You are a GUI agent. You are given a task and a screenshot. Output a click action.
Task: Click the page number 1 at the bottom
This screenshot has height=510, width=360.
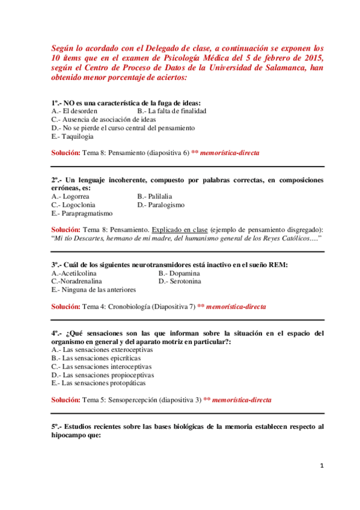pos(322,466)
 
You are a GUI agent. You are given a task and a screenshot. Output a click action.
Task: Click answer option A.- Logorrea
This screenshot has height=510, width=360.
pos(70,196)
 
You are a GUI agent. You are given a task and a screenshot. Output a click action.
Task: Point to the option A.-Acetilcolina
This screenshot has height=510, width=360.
pos(76,272)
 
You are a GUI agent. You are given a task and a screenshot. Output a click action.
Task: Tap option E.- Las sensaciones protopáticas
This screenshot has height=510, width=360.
pos(99,382)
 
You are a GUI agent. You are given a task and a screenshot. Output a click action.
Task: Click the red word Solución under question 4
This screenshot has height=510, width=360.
pos(66,399)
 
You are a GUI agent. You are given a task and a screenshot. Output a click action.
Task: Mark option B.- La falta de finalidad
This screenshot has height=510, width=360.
pos(172,111)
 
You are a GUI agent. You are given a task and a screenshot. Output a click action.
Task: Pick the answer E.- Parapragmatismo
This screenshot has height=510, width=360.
pos(82,213)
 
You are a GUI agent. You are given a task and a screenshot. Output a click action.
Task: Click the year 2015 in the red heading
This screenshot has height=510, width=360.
pos(313,57)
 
